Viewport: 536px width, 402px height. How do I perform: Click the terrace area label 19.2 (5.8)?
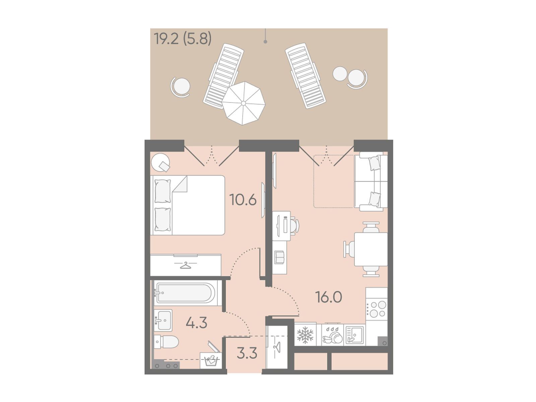183,39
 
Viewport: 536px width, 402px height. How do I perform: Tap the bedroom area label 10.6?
243,200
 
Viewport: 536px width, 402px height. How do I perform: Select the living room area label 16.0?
328,297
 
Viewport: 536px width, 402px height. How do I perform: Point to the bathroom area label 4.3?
196,322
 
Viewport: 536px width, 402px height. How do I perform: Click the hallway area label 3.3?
247,353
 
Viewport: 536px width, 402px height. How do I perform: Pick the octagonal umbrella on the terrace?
243,103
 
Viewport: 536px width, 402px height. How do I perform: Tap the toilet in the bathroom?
166,342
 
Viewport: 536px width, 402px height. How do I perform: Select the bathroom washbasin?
163,320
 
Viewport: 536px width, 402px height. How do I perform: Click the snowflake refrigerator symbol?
305,335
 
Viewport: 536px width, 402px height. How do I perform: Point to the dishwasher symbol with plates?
332,335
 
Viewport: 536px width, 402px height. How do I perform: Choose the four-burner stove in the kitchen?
376,309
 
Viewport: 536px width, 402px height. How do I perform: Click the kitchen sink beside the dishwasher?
354,335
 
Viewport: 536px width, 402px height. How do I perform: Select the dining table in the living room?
371,249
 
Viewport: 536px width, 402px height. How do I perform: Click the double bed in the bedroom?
187,205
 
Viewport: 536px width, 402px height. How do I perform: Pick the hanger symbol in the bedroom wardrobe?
186,265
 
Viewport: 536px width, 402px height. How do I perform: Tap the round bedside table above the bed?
160,162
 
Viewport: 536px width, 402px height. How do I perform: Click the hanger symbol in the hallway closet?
277,347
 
